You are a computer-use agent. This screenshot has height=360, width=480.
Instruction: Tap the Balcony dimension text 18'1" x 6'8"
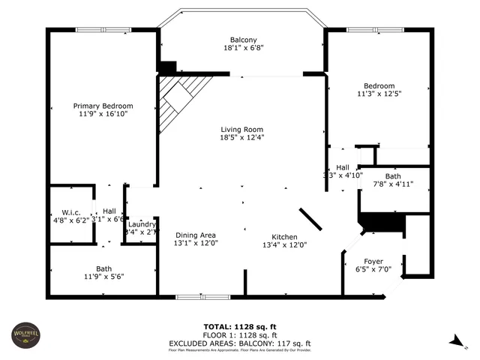(243, 48)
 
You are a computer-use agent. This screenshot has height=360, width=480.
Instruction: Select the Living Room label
(241, 129)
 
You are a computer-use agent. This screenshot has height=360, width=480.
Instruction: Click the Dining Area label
(196, 234)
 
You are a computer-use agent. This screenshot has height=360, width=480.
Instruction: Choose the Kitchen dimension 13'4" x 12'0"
(284, 244)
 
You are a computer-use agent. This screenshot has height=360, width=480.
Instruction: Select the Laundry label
(142, 224)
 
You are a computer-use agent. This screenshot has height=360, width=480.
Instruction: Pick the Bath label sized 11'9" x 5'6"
(103, 268)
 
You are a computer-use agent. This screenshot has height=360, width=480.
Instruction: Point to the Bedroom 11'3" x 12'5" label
(379, 85)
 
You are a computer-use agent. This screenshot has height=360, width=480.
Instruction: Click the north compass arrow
(456, 341)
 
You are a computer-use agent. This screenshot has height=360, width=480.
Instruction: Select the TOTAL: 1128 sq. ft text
(240, 326)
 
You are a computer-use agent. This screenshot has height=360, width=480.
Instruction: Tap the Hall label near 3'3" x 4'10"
(343, 167)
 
